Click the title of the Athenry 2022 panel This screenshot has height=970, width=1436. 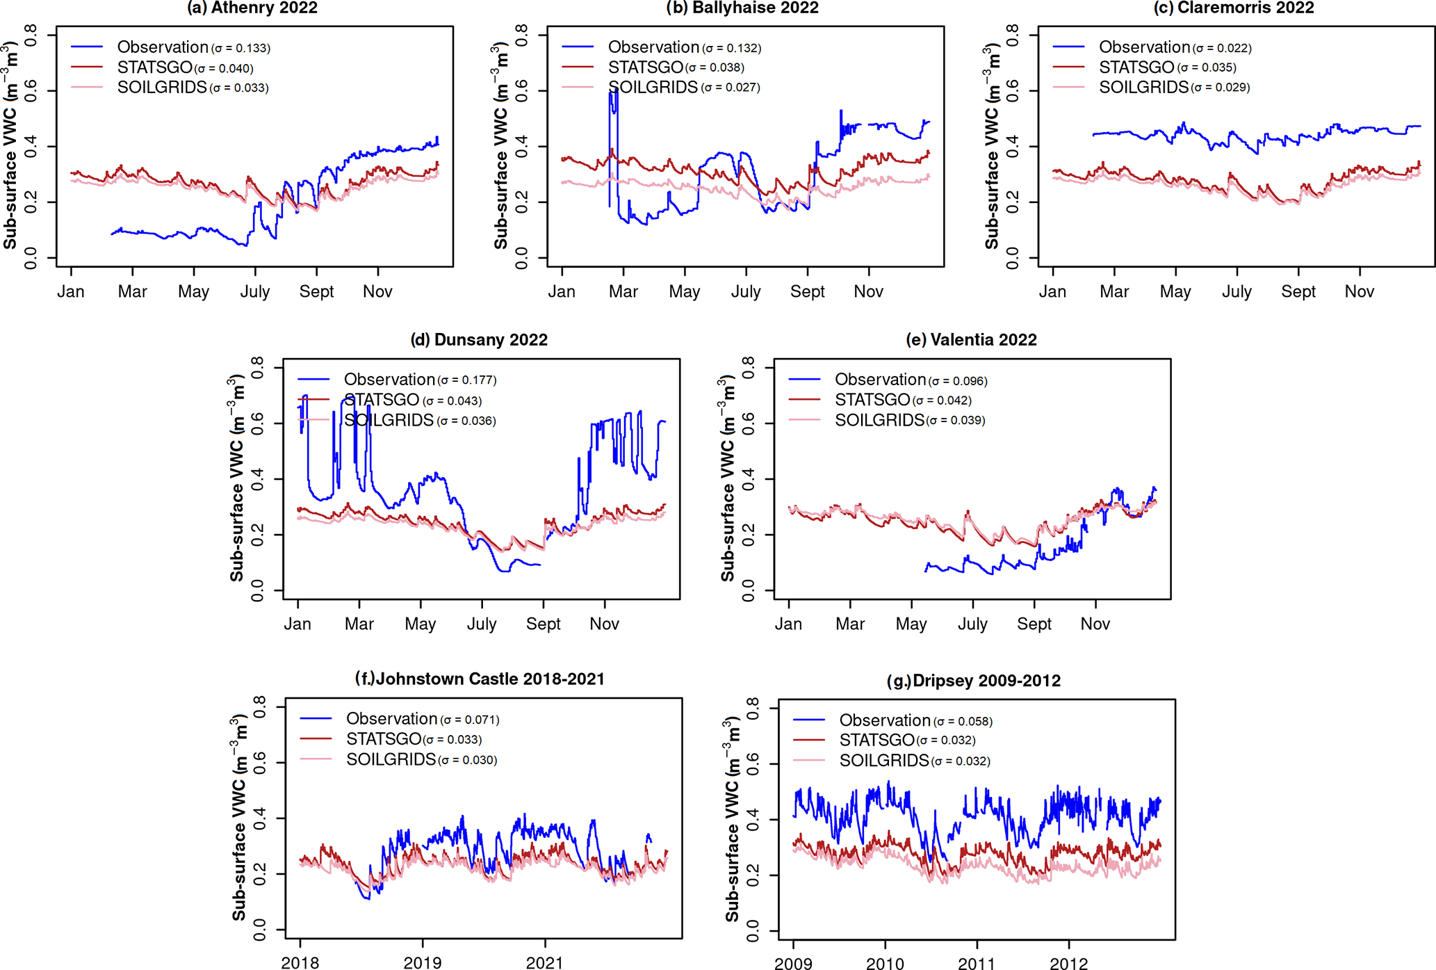click(x=252, y=8)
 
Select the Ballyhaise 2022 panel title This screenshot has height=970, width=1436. click(x=742, y=8)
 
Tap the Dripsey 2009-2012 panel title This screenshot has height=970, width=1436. click(x=974, y=681)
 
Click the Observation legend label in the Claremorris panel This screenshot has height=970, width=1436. click(x=1144, y=47)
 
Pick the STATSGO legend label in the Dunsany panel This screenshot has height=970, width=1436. click(x=382, y=400)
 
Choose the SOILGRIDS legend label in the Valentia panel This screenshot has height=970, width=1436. click(x=879, y=420)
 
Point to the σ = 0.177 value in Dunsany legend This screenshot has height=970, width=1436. click(x=466, y=380)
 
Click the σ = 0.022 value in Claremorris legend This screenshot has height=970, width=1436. click(x=1222, y=48)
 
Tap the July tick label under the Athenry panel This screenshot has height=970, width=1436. click(x=255, y=291)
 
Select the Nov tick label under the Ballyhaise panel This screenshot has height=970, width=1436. click(x=868, y=291)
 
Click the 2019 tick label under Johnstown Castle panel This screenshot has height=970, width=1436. click(x=423, y=963)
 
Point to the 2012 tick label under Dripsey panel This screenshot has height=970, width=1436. click(x=1068, y=964)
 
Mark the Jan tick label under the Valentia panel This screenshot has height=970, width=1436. click(x=788, y=624)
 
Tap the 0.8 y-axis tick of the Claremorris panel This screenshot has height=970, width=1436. click(x=1012, y=34)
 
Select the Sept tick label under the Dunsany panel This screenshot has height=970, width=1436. click(x=543, y=624)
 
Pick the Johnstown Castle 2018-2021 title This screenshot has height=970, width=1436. click(x=480, y=679)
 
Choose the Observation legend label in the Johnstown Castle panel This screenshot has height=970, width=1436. click(x=391, y=719)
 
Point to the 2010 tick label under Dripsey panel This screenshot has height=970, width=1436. click(x=885, y=964)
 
